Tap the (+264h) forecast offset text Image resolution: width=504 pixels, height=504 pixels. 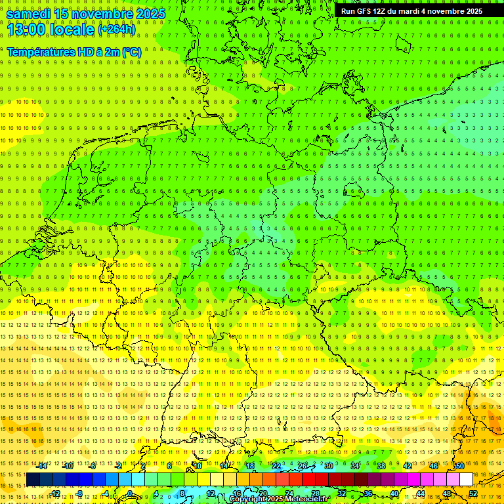tap(117, 30)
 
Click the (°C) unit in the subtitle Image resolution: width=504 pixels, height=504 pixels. tap(131, 52)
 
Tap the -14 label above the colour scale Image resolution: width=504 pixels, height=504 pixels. tap(42, 466)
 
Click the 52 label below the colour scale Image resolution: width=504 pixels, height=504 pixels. tap(473, 493)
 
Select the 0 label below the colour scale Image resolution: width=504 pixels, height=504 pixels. tap(131, 493)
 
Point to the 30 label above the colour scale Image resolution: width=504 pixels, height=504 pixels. tap(328, 466)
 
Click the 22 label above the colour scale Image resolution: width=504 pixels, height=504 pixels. tap(276, 466)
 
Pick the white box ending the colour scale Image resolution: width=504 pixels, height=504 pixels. tap(466, 480)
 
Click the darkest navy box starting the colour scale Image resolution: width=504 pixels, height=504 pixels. tap(33, 480)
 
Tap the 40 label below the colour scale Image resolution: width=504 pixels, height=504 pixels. tap(394, 493)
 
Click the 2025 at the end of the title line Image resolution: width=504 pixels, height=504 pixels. tap(150, 14)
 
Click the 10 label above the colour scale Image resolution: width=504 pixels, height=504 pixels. tap(197, 466)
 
